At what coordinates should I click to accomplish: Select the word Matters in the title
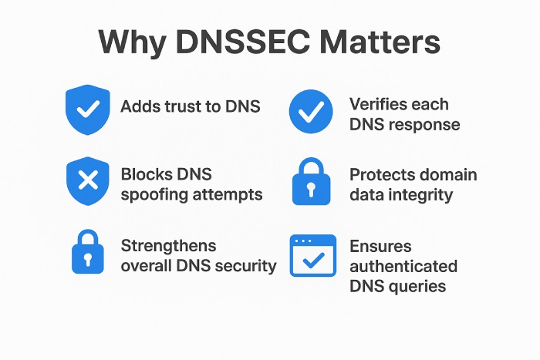[383, 43]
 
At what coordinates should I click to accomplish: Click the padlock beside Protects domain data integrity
[311, 182]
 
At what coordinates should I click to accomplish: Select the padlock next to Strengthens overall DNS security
[88, 251]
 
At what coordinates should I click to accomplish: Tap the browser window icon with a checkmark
[312, 256]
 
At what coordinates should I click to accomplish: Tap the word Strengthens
[169, 246]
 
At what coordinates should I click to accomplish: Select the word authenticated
[403, 267]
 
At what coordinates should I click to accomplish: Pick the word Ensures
[381, 247]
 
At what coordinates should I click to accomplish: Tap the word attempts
[228, 195]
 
